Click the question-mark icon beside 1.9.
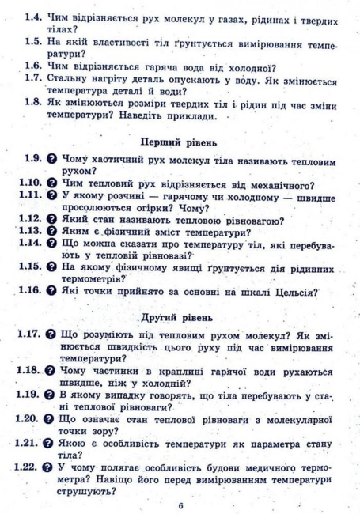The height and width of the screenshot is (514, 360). [x=51, y=159]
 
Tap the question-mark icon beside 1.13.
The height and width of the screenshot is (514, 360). [x=51, y=232]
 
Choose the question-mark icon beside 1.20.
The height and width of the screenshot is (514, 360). [x=51, y=417]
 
